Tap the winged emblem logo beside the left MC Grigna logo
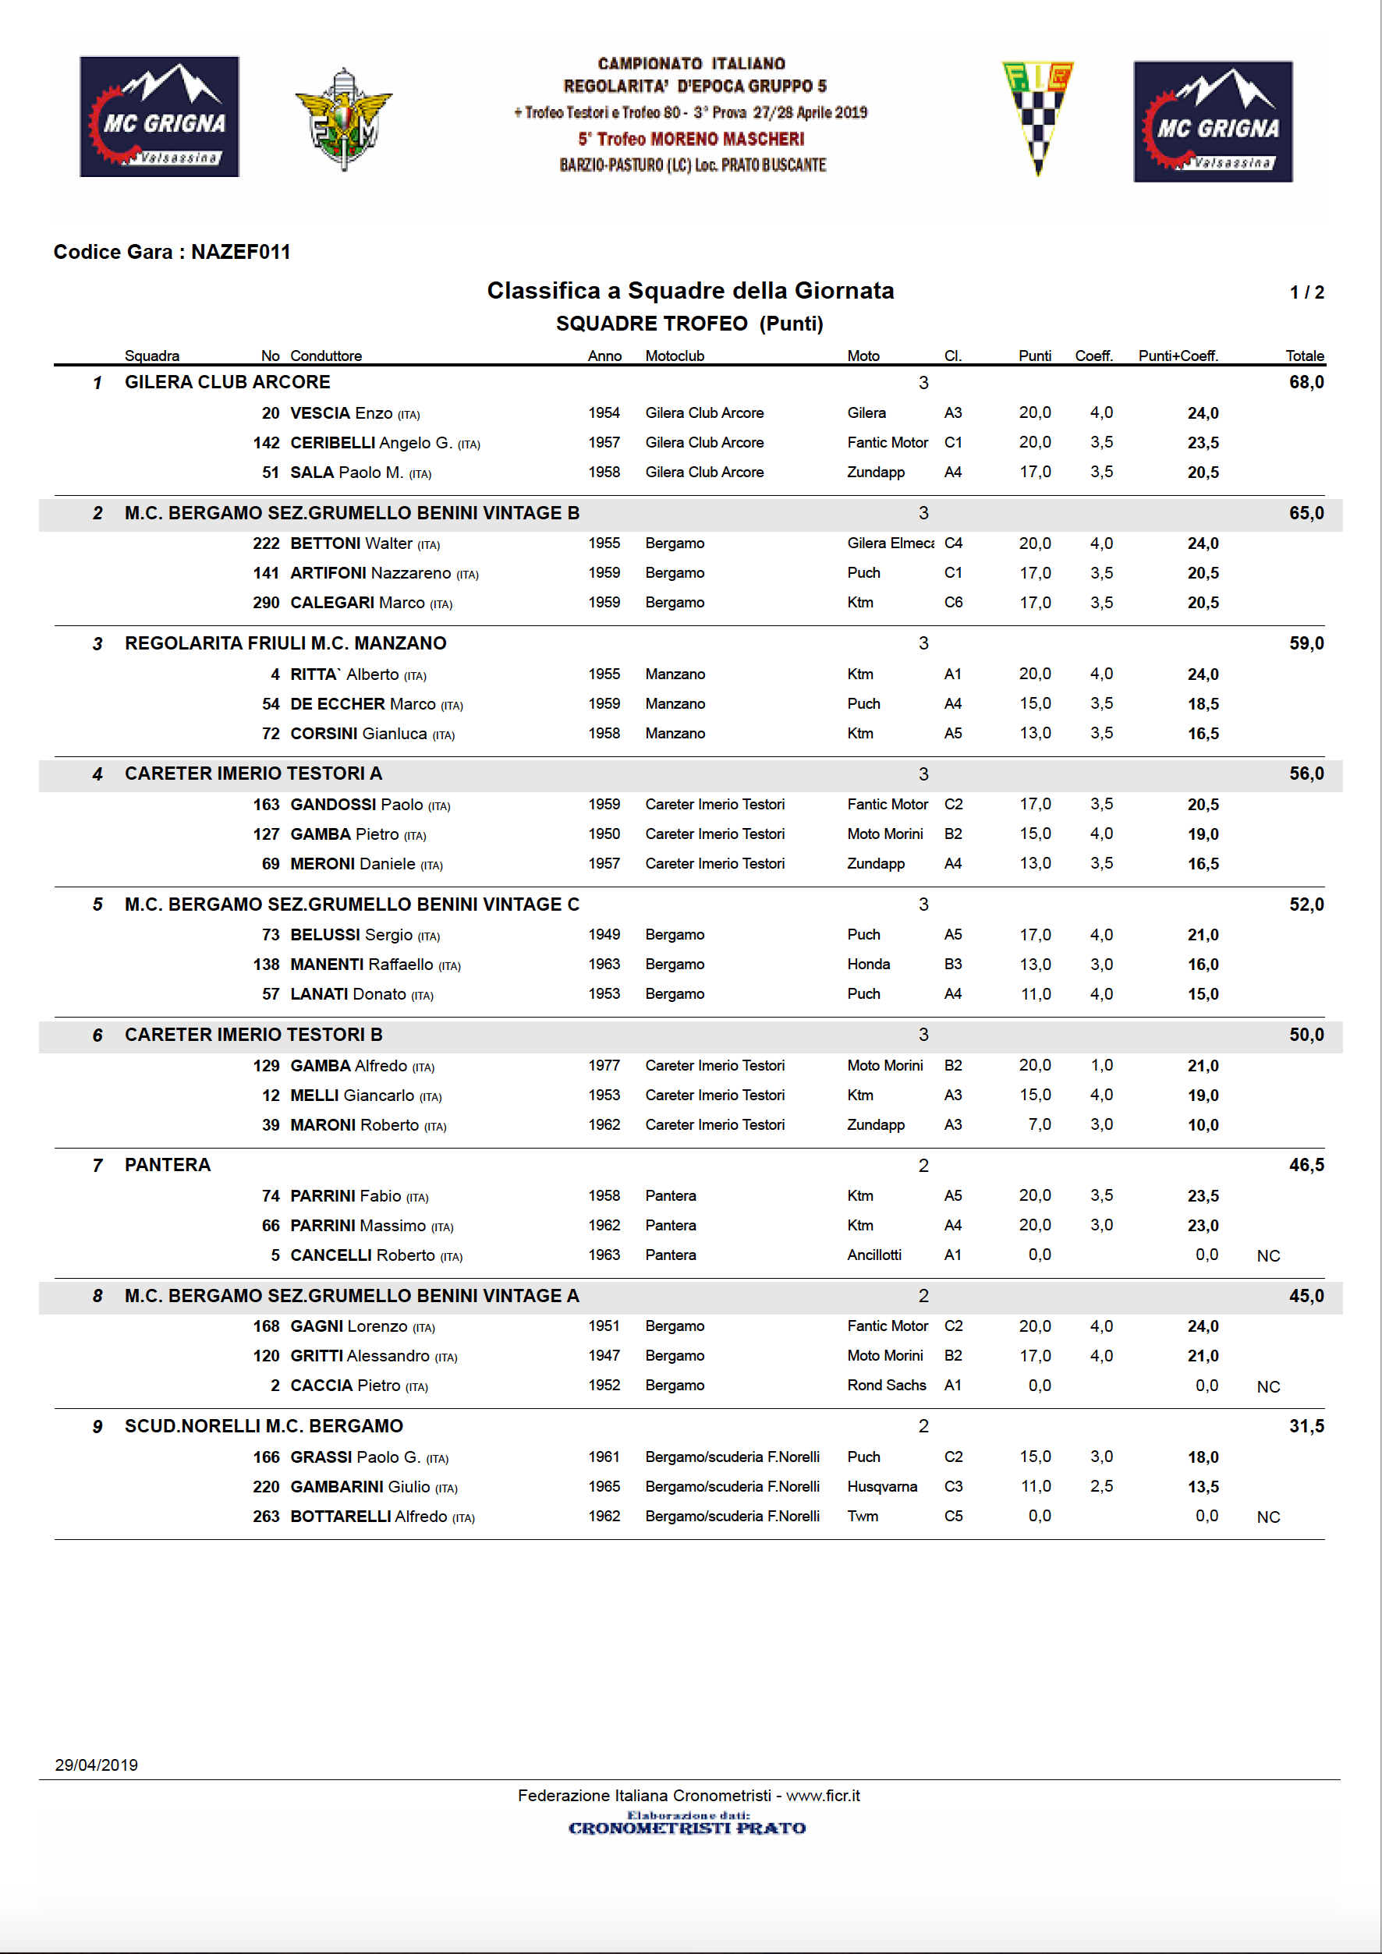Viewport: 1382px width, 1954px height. [x=343, y=119]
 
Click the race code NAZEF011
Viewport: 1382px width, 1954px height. [x=240, y=252]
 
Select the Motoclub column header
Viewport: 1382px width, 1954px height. [x=674, y=356]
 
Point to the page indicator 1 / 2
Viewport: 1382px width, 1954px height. [x=1306, y=292]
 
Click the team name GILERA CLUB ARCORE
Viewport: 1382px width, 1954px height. [x=227, y=382]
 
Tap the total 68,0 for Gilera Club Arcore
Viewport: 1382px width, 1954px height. [x=1306, y=382]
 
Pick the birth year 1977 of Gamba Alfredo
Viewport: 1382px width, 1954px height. [x=604, y=1066]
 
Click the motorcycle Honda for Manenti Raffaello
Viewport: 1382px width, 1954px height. [x=868, y=965]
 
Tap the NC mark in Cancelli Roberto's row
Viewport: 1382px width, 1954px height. [x=1268, y=1256]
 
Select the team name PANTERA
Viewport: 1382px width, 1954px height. [x=168, y=1165]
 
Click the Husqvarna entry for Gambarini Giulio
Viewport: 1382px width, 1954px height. [x=881, y=1487]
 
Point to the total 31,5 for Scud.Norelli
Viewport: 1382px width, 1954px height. [x=1306, y=1426]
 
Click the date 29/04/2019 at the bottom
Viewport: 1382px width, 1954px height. [x=96, y=1765]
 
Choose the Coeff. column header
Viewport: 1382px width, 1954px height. [x=1093, y=356]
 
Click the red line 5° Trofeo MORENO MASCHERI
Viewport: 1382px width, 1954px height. [x=690, y=139]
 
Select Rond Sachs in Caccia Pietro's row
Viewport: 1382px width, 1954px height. [x=886, y=1386]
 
